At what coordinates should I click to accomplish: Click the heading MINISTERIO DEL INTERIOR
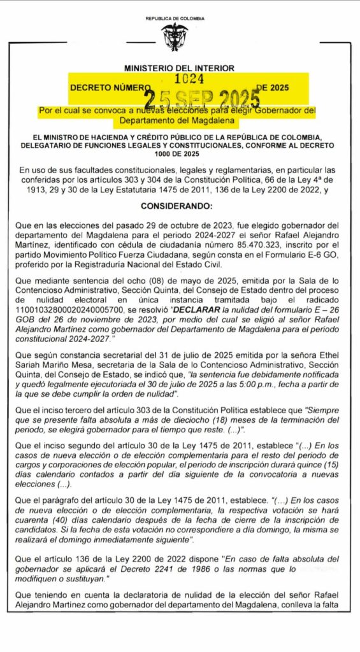(x=179, y=67)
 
